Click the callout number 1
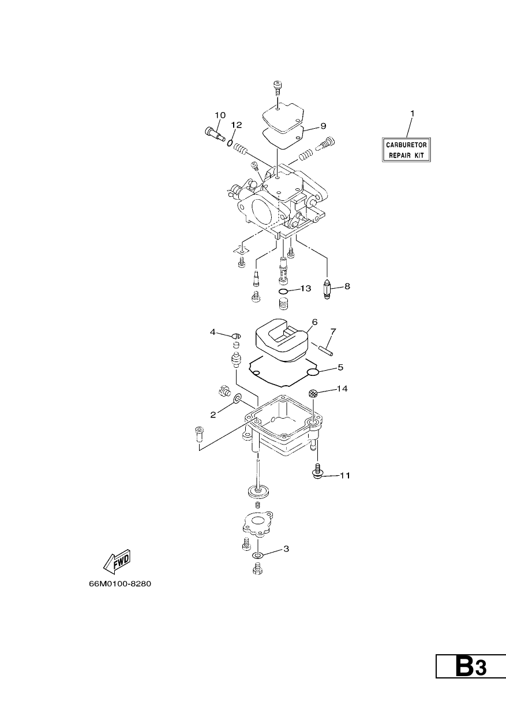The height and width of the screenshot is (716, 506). click(412, 114)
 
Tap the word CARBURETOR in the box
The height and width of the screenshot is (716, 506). click(406, 145)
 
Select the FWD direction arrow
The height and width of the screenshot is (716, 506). click(117, 562)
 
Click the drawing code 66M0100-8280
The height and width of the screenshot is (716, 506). click(120, 584)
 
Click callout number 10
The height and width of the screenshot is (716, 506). click(220, 115)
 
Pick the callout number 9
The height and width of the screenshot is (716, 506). click(323, 126)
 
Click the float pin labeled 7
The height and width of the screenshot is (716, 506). click(325, 349)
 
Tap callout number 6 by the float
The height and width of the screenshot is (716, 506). click(314, 322)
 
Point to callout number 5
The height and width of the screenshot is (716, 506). click(340, 367)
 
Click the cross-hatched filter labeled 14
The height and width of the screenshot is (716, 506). click(313, 394)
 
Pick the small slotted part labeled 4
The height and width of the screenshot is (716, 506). click(237, 336)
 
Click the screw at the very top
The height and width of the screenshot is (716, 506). click(277, 87)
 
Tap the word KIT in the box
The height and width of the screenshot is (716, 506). click(419, 156)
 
